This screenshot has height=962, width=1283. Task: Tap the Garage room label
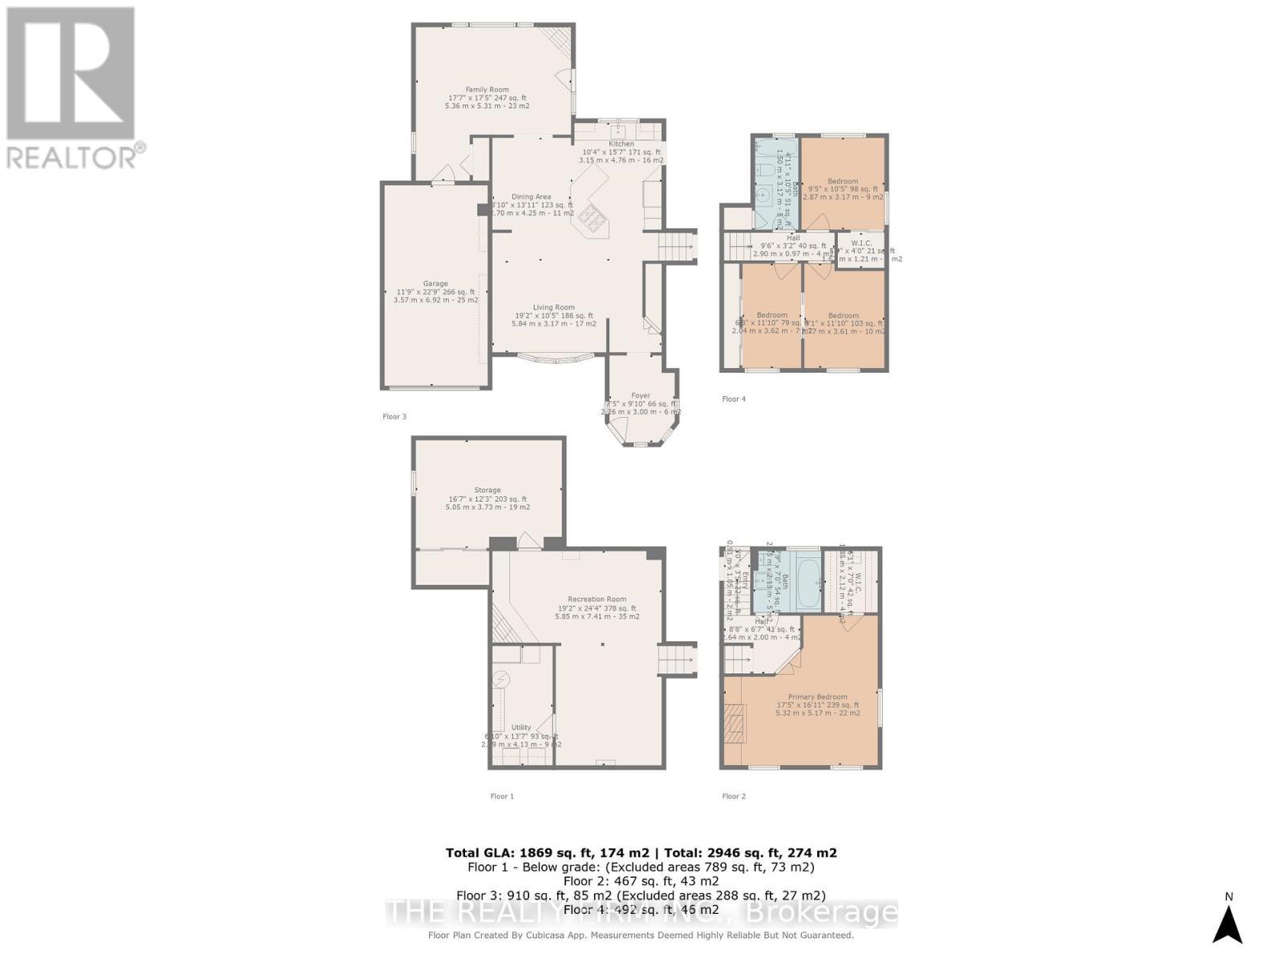tap(435, 284)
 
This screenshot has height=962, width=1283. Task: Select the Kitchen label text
tap(621, 144)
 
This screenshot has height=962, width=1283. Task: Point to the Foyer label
tap(640, 396)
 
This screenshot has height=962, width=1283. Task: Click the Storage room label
tap(487, 491)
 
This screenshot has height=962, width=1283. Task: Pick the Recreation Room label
tap(597, 600)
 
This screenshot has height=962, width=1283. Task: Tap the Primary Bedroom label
tap(817, 697)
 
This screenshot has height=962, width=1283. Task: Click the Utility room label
tap(521, 728)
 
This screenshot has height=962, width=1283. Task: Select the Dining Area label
tap(532, 197)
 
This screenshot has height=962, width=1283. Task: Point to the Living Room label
tap(554, 308)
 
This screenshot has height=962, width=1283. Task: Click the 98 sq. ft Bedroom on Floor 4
tap(843, 181)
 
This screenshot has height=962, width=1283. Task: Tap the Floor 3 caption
tap(394, 417)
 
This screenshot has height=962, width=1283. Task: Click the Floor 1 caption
tap(502, 796)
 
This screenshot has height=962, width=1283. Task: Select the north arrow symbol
tap(1227, 924)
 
